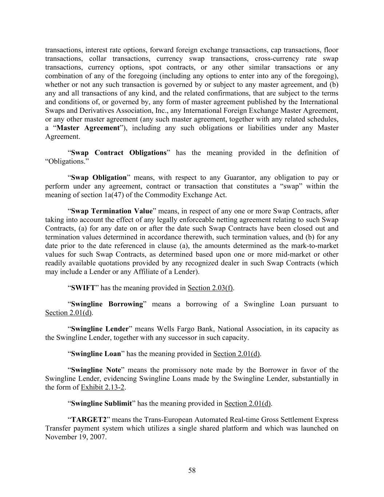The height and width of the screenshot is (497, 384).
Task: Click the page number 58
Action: click(192, 470)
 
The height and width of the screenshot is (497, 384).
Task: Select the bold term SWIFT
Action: click(83, 288)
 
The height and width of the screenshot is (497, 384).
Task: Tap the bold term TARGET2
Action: click(86, 419)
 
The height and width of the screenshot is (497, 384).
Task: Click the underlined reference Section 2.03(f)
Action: click(210, 288)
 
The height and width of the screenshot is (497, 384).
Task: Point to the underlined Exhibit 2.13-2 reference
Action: click(103, 387)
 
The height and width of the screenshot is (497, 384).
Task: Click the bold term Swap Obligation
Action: click(99, 178)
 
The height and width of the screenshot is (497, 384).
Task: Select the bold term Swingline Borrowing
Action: click(107, 304)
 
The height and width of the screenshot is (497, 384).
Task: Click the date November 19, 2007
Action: click(75, 437)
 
